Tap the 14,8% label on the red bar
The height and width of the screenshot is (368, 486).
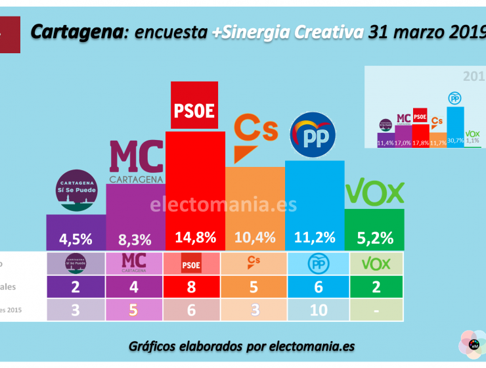(x=195, y=238)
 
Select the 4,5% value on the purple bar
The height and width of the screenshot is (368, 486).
(x=76, y=238)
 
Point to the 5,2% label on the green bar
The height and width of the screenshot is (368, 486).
(x=374, y=238)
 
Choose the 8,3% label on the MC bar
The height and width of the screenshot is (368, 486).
(x=135, y=238)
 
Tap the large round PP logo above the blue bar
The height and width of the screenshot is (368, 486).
(x=313, y=135)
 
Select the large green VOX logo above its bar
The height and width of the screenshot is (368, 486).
(x=374, y=193)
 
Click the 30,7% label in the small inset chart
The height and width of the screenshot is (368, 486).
(x=454, y=140)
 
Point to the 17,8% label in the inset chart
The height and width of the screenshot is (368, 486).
(x=420, y=141)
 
